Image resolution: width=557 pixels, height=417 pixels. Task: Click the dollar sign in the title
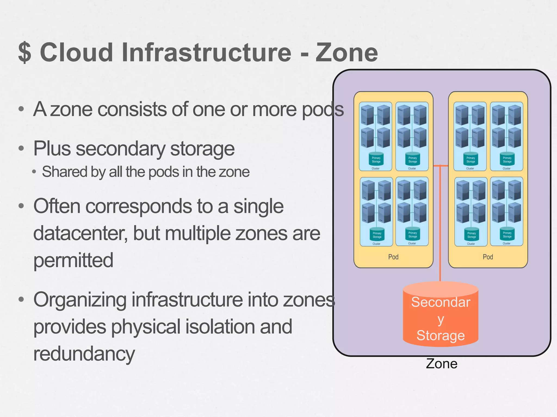(25, 52)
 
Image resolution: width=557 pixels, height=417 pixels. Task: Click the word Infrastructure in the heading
(207, 52)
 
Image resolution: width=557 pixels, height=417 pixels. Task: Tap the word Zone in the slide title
(347, 52)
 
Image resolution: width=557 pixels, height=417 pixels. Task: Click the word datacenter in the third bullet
(80, 233)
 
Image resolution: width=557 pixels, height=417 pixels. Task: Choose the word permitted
(73, 260)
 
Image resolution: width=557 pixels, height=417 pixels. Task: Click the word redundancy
(84, 353)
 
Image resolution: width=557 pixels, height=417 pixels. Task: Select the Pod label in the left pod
(393, 257)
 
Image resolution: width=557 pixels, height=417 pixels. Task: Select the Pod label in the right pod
(488, 257)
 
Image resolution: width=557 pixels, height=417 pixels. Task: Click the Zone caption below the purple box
(441, 364)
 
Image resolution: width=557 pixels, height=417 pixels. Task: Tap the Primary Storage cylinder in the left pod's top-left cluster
(376, 159)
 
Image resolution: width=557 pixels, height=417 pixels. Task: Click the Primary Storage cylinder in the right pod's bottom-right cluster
(507, 234)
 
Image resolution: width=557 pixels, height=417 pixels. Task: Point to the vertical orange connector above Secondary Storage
(440, 223)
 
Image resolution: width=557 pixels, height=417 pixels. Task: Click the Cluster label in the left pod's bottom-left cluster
(376, 244)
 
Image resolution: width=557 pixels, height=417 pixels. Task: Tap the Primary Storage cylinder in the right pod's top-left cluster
(471, 159)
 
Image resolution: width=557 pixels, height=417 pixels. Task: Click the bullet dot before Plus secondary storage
(21, 149)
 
